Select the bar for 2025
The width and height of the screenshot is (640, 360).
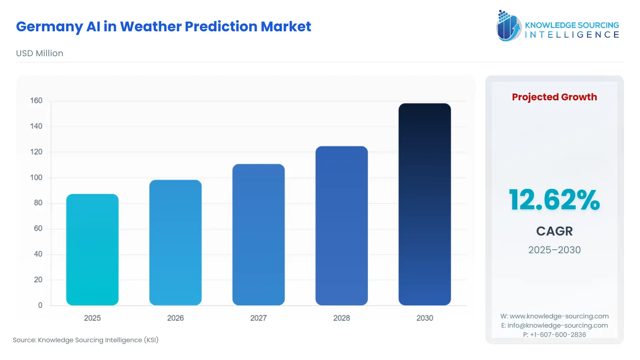(x=92, y=249)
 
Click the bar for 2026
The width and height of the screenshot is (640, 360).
(x=175, y=242)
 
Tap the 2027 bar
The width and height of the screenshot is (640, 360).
(x=258, y=234)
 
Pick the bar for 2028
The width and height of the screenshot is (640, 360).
(x=341, y=226)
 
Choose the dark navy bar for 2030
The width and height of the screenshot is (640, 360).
(x=425, y=204)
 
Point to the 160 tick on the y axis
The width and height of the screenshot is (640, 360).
(x=36, y=101)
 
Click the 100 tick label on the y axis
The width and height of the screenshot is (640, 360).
(x=36, y=178)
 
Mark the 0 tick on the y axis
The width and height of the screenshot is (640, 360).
(x=40, y=305)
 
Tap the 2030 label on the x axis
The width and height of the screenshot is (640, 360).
(x=425, y=318)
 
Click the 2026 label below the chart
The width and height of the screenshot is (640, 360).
(x=175, y=318)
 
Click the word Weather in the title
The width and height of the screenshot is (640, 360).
(x=151, y=27)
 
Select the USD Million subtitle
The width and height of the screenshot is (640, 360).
(x=39, y=53)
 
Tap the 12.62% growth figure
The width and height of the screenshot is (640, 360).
(x=554, y=200)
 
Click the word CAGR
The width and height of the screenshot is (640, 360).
(x=554, y=231)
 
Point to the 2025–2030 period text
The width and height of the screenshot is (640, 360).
(x=554, y=250)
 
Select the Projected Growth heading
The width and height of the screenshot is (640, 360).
(x=554, y=97)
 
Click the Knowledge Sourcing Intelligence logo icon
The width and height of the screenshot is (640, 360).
(x=508, y=26)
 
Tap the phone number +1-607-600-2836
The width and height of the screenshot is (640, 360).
(x=558, y=335)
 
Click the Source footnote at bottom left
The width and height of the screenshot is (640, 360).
(x=86, y=340)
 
